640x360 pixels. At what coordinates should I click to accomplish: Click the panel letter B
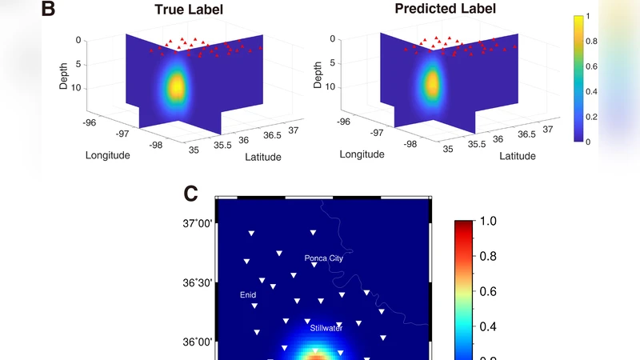[x=49, y=10]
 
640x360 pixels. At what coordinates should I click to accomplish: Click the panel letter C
[x=192, y=193]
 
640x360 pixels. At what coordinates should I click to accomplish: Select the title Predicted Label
[x=445, y=10]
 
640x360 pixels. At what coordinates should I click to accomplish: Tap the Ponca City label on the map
[x=324, y=258]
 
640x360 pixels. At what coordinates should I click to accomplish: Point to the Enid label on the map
[x=248, y=294]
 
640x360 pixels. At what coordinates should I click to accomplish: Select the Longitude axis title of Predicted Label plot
[x=362, y=154]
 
